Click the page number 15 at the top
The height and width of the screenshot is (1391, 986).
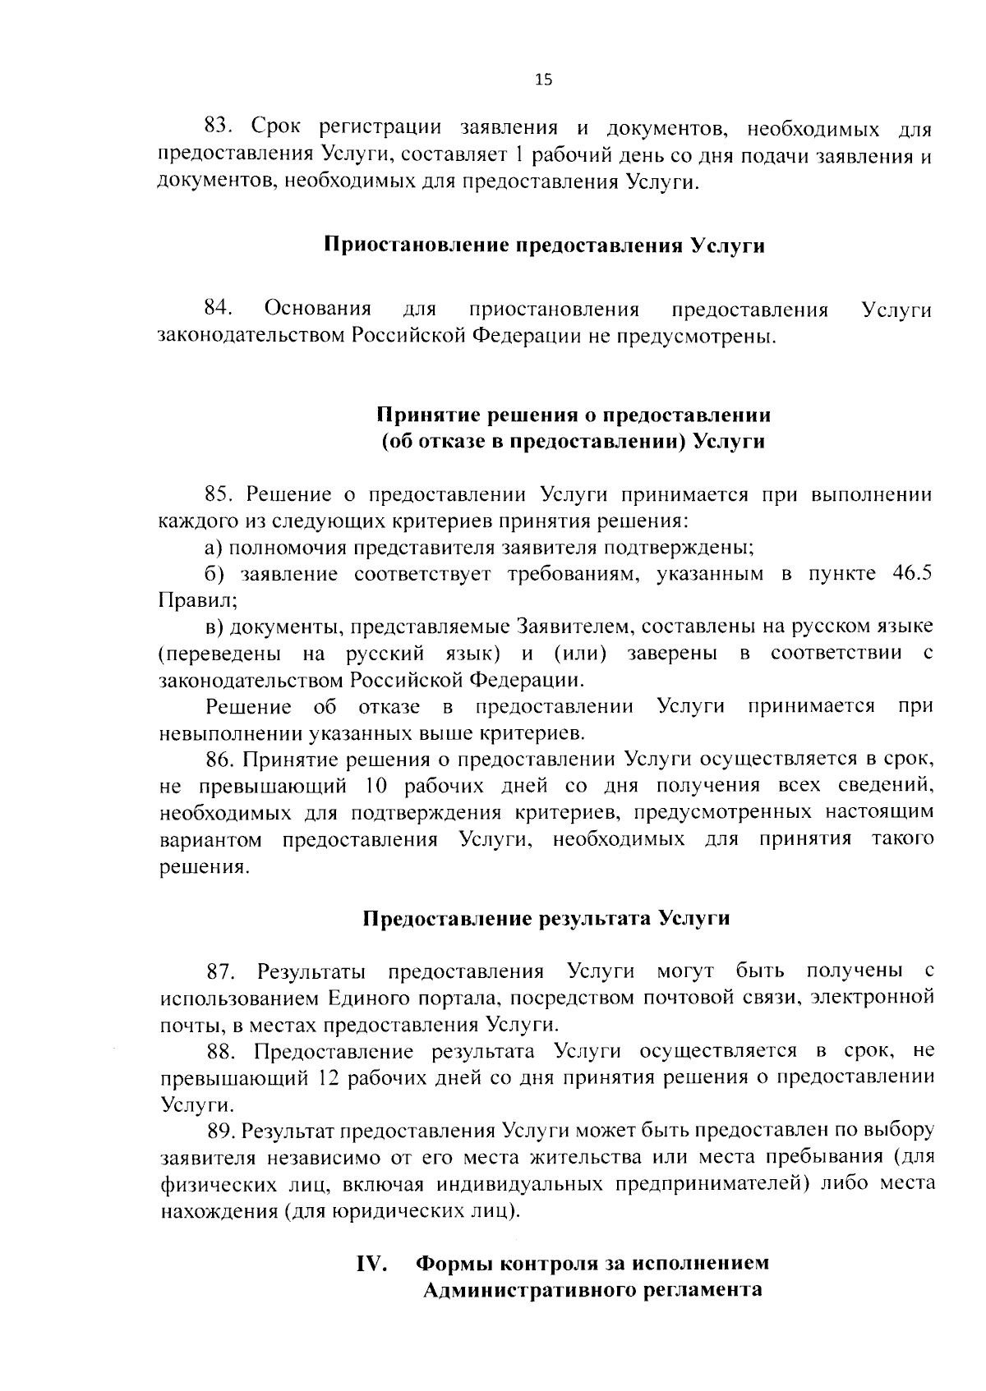point(544,80)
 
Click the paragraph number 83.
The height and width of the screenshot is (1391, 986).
point(219,127)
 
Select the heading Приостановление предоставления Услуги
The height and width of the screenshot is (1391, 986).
point(544,246)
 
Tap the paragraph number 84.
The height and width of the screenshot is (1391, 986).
point(219,309)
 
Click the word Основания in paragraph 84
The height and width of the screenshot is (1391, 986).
point(317,309)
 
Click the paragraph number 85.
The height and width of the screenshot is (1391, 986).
point(219,494)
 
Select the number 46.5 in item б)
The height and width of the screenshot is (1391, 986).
point(912,574)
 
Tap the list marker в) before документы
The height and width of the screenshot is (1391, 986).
point(214,627)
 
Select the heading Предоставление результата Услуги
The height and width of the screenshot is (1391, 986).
point(546,918)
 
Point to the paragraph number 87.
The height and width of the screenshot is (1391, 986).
point(221,972)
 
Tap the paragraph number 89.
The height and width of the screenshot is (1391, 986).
point(222,1132)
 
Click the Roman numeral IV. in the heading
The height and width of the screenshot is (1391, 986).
point(371,1263)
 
